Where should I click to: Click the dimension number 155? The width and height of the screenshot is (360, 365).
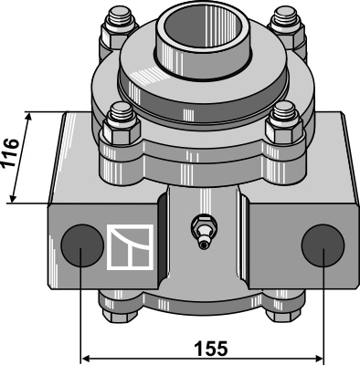click(211, 349)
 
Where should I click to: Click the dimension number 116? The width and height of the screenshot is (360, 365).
click(11, 152)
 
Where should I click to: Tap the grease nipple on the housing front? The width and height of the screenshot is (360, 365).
click(203, 231)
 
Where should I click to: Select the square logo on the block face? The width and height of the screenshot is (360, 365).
click(130, 247)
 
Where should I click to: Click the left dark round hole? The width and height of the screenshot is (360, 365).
click(82, 245)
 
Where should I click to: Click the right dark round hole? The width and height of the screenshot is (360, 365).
click(323, 245)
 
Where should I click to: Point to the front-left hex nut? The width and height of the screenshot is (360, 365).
click(122, 131)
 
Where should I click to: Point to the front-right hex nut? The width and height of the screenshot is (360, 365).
click(284, 130)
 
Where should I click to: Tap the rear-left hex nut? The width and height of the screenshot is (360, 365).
click(120, 35)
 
